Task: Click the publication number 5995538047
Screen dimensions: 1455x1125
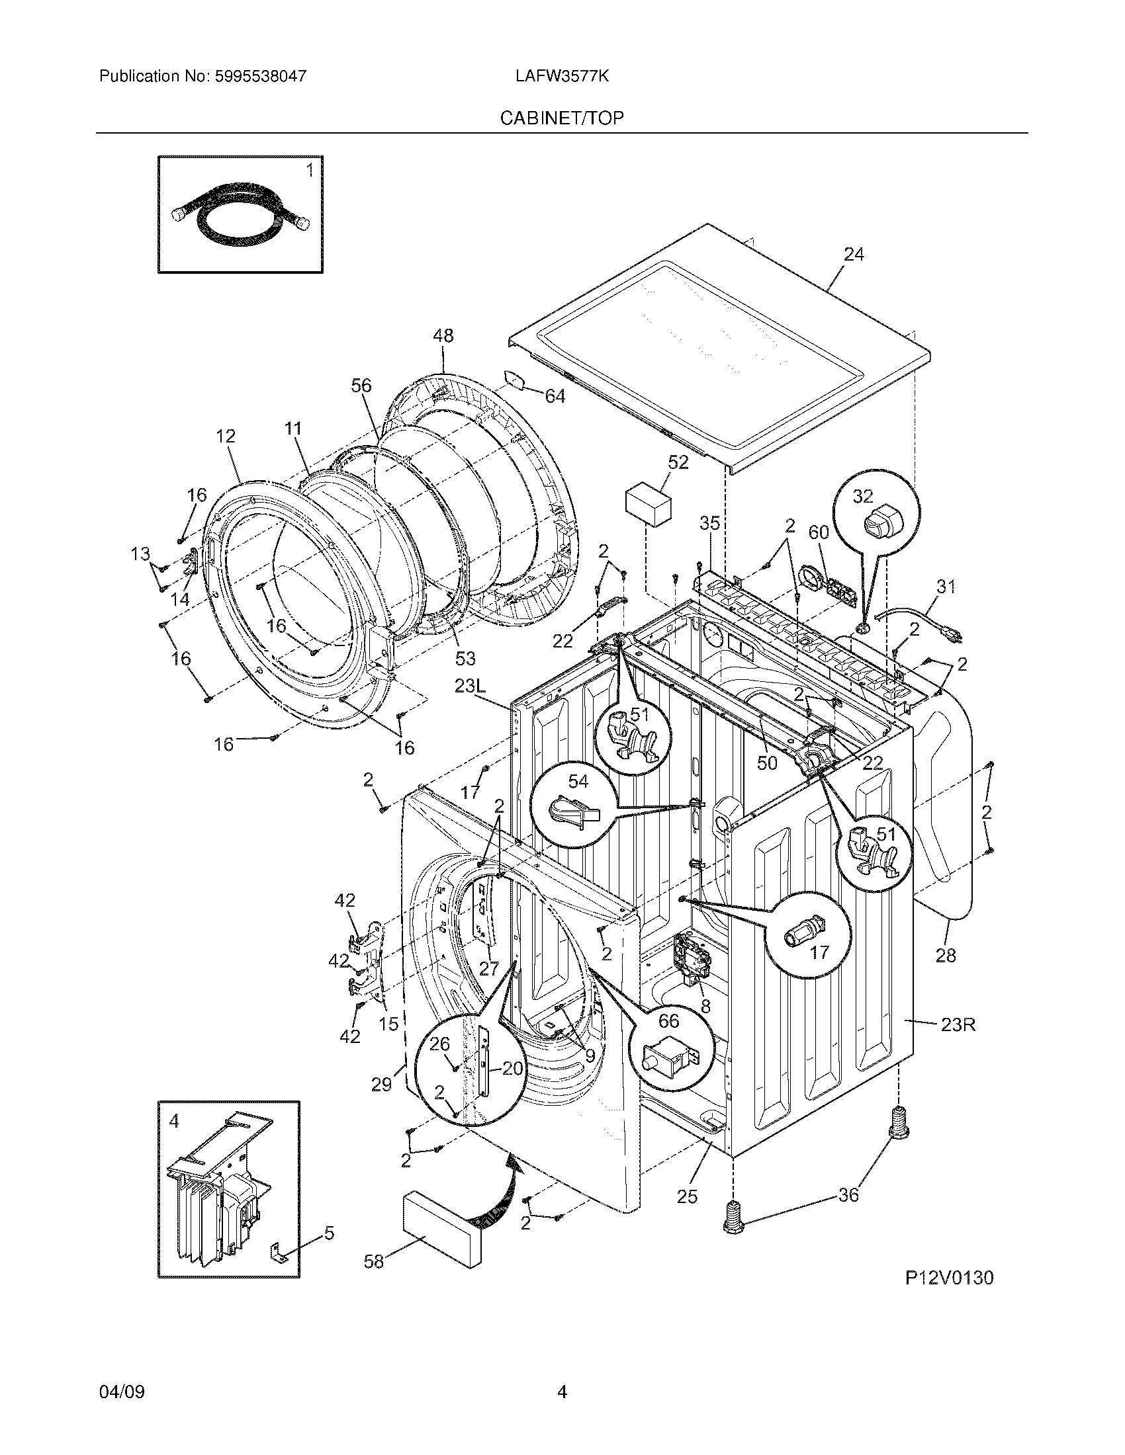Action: pos(261,77)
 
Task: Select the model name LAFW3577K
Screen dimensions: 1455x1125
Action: pos(561,77)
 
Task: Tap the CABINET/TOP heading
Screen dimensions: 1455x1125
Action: pos(562,118)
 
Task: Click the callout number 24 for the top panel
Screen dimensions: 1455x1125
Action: pos(854,255)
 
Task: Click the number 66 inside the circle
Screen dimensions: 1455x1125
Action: pos(668,1020)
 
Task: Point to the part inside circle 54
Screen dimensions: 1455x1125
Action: pos(572,811)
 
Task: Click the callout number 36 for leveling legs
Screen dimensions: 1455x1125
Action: pos(848,1195)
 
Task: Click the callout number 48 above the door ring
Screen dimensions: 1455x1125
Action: pos(443,336)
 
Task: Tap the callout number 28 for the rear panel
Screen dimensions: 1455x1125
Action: pos(946,956)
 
